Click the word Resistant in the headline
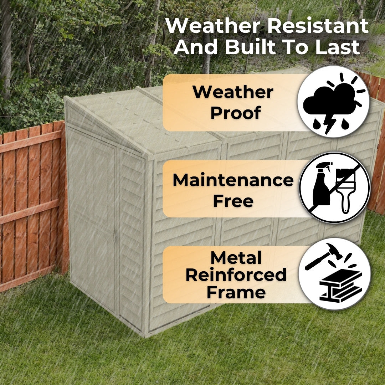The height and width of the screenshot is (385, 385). tap(318, 26)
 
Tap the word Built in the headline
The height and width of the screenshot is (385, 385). tap(251, 47)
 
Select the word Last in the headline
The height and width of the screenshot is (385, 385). tap(338, 47)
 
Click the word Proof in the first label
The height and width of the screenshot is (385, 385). tap(236, 113)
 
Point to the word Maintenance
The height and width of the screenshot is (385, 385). tap(233, 180)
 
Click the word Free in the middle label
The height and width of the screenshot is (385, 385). tap(233, 201)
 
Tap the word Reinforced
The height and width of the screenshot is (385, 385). tap(236, 274)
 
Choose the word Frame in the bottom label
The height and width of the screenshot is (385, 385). tap(236, 292)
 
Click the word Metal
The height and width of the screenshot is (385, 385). tap(236, 257)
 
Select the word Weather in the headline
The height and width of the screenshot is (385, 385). tap(213, 26)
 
